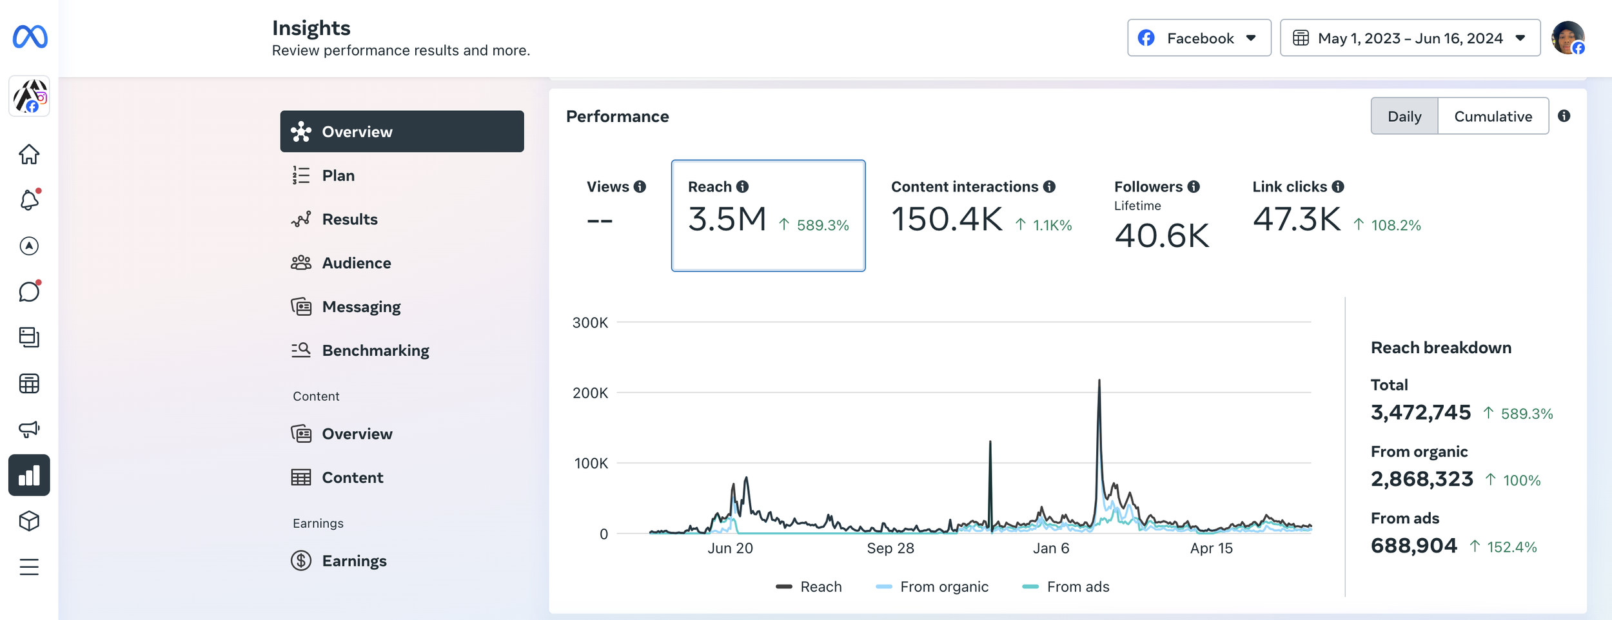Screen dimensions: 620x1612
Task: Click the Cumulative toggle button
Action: coord(1493,116)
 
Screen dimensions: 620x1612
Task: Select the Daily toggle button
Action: coord(1404,116)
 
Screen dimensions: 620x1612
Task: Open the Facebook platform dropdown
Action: coord(1199,38)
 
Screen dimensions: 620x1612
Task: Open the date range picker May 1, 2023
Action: coord(1410,38)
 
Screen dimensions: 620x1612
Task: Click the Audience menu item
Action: coord(356,263)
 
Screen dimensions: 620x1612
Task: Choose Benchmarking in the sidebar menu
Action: coord(375,351)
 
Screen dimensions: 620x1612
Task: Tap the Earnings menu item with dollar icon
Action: coord(354,561)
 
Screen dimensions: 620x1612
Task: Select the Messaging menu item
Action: coord(361,307)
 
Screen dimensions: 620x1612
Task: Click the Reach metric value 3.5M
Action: coord(727,219)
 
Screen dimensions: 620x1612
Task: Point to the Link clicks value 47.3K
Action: coord(1297,219)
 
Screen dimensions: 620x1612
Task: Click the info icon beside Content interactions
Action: coord(1050,187)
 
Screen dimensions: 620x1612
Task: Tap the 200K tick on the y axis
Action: coord(590,392)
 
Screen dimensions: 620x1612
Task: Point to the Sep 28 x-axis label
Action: coord(890,548)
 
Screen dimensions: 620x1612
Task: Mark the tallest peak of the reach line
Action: coord(1099,380)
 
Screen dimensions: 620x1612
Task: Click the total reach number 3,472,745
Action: coord(1420,412)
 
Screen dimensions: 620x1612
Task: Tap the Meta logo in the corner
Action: coord(30,37)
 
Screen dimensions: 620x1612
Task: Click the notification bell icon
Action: coord(29,200)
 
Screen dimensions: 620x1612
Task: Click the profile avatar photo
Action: coord(1568,38)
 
